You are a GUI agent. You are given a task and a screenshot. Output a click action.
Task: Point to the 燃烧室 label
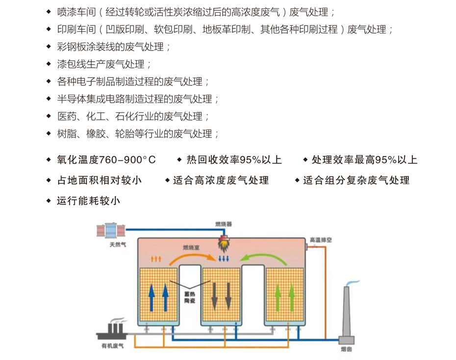191,248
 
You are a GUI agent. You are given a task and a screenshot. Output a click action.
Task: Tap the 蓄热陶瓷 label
189,297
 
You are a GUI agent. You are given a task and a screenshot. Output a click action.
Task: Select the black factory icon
113,333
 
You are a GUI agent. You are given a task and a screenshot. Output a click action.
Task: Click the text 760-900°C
127,160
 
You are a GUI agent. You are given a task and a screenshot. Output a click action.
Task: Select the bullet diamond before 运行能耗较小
48,201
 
